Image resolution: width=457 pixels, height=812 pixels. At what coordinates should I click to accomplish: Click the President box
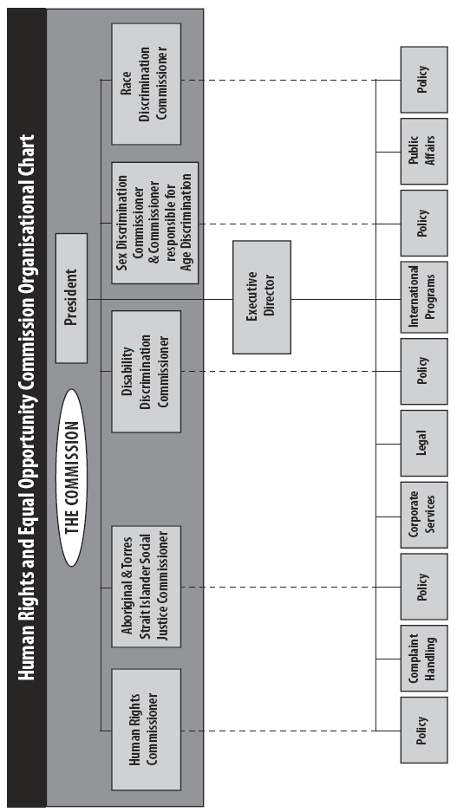pyautogui.click(x=71, y=298)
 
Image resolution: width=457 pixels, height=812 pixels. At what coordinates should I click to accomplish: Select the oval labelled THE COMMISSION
pyautogui.click(x=71, y=477)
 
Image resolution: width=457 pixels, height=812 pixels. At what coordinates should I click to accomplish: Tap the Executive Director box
pyautogui.click(x=262, y=297)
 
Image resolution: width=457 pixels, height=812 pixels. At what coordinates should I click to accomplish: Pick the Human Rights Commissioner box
pyautogui.click(x=146, y=729)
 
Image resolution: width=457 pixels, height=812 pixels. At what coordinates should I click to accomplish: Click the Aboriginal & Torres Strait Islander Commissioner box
pyautogui.click(x=146, y=587)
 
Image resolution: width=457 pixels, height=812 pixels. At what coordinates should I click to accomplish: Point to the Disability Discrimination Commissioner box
pyautogui.click(x=146, y=371)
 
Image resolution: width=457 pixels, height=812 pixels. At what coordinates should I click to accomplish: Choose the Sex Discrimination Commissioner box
pyautogui.click(x=155, y=223)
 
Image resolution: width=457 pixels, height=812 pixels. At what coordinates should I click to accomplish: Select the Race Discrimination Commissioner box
pyautogui.click(x=146, y=83)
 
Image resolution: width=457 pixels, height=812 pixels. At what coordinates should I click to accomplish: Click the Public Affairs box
pyautogui.click(x=424, y=151)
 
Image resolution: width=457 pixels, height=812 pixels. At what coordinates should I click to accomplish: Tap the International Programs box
pyautogui.click(x=424, y=296)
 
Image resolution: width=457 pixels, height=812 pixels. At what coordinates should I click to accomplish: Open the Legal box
pyautogui.click(x=424, y=444)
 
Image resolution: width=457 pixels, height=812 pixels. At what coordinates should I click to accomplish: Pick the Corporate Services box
pyautogui.click(x=424, y=515)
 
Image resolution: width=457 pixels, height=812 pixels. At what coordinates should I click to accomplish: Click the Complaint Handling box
pyautogui.click(x=424, y=659)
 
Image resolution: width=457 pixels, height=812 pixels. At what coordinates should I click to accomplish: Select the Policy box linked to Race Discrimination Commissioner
pyautogui.click(x=424, y=80)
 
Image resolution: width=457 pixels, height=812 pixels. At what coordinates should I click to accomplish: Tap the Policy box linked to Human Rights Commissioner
pyautogui.click(x=424, y=731)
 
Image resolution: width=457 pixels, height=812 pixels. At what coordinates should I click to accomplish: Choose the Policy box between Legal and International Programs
pyautogui.click(x=424, y=371)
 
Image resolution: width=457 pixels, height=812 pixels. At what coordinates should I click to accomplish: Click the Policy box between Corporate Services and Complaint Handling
pyautogui.click(x=424, y=586)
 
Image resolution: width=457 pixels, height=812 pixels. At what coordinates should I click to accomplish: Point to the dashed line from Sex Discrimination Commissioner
pyautogui.click(x=299, y=224)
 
